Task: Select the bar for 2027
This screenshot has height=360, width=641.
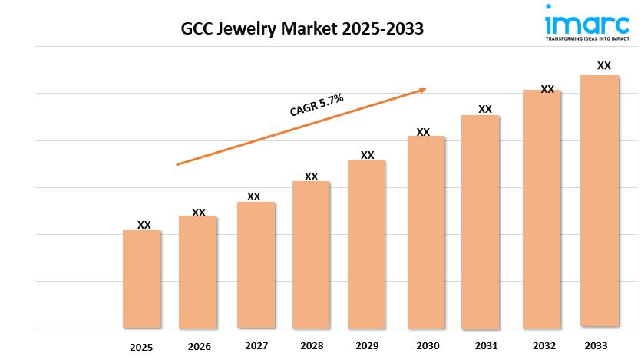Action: click(256, 265)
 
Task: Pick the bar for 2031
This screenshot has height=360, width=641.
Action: click(481, 222)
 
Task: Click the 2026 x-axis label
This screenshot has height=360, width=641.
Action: click(198, 346)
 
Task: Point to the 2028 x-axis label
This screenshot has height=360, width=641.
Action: click(311, 345)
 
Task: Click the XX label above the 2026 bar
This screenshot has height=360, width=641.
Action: click(198, 213)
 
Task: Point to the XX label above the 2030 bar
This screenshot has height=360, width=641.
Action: click(423, 132)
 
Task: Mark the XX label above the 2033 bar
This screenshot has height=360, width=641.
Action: click(604, 66)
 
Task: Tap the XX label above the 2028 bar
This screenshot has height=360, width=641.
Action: click(311, 177)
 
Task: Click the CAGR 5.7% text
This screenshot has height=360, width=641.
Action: click(316, 104)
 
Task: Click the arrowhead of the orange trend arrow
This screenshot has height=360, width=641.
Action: click(421, 90)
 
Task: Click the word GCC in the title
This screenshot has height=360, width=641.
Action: click(197, 29)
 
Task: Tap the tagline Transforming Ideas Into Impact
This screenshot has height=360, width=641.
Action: click(587, 37)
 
